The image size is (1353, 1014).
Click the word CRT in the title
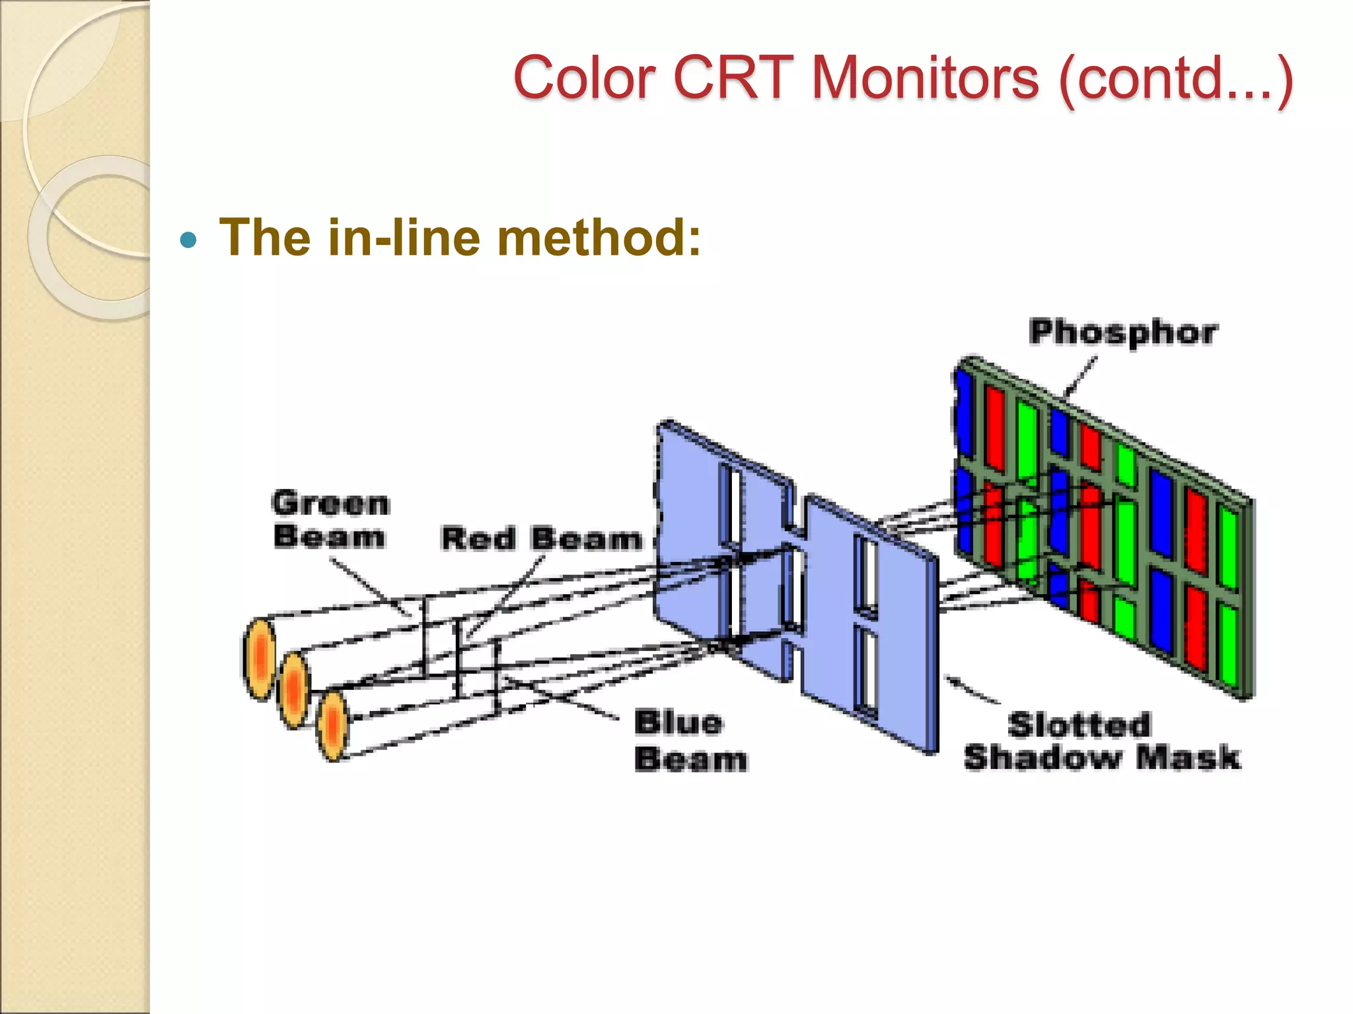pos(733,78)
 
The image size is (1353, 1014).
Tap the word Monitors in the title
pos(925,78)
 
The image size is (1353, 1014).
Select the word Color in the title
pos(584,78)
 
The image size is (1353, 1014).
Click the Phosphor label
pos(1122,332)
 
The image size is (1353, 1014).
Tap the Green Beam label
pos(330,520)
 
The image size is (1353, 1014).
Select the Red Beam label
pos(541,539)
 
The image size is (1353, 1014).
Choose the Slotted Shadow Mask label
pos(1101,741)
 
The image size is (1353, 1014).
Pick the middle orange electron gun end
pos(294,690)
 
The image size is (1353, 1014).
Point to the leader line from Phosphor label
pos(1080,376)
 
